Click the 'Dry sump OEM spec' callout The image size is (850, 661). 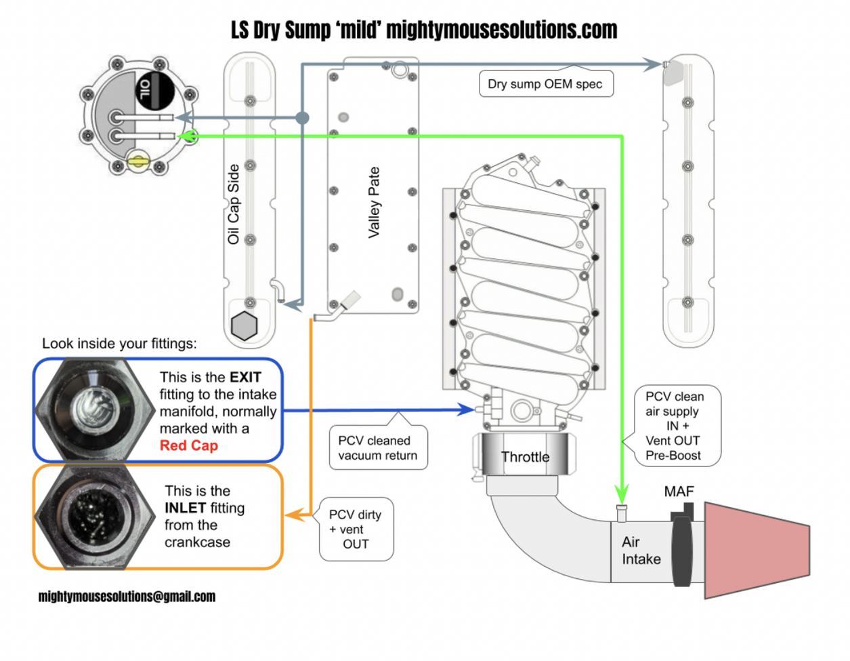[545, 84]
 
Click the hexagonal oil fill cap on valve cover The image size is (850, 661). [244, 325]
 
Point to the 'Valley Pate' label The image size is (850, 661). [373, 202]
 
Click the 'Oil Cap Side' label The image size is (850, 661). [234, 204]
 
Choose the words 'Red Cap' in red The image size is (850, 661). [188, 445]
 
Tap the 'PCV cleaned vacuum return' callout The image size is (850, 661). [378, 448]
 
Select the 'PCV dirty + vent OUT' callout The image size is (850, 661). [356, 529]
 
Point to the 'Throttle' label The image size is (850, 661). [525, 457]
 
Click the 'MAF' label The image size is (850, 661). [679, 492]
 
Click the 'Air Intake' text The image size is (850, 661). [641, 550]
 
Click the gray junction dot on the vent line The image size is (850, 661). [302, 118]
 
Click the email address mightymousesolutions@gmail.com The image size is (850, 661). [127, 597]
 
